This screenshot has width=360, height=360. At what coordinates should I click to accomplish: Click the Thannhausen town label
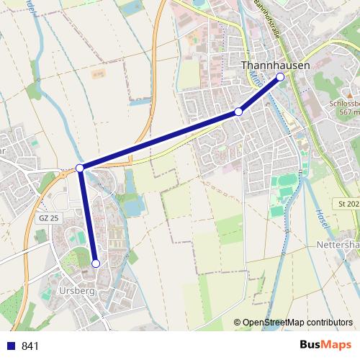(x=275, y=66)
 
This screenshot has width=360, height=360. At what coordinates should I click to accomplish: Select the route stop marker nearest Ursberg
(x=96, y=264)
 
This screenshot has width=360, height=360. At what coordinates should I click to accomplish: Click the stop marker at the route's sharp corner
(x=80, y=168)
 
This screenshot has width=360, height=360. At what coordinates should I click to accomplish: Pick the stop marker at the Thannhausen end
(x=280, y=76)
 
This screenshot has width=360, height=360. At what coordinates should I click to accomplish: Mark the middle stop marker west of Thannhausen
(x=238, y=112)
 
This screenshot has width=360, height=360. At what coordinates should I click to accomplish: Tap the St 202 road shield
(x=348, y=204)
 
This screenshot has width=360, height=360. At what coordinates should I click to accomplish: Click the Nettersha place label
(x=337, y=245)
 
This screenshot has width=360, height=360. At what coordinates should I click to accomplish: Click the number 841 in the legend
(x=30, y=346)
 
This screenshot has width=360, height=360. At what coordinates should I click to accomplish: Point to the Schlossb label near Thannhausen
(x=343, y=103)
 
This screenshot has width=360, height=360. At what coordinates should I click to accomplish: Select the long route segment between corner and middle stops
(x=158, y=140)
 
